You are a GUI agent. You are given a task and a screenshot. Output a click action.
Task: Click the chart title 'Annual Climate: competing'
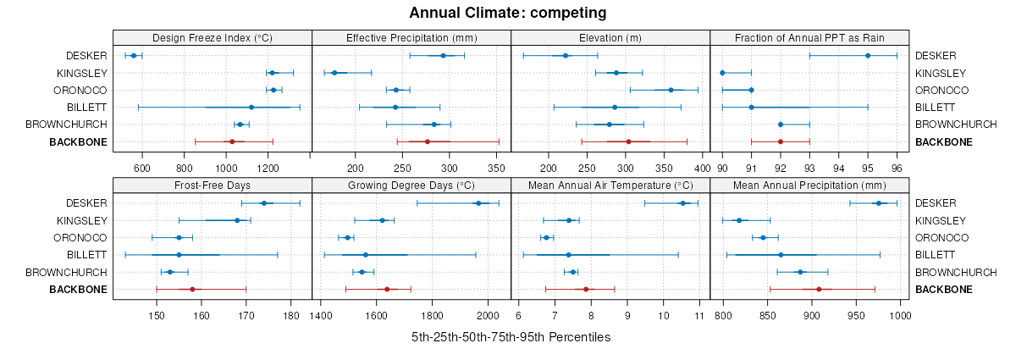pyautogui.click(x=507, y=13)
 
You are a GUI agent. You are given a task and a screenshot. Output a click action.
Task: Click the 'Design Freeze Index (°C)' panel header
pyautogui.click(x=212, y=38)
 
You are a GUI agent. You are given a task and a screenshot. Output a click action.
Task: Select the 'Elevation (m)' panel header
pyautogui.click(x=610, y=38)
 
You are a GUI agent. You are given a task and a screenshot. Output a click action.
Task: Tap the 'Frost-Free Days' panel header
pyautogui.click(x=212, y=186)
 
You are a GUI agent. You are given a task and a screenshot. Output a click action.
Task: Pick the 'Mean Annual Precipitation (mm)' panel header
pyautogui.click(x=809, y=186)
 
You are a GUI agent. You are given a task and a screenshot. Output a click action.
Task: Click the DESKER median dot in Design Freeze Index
pyautogui.click(x=134, y=56)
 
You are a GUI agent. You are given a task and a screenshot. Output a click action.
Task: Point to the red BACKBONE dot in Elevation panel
pyautogui.click(x=628, y=141)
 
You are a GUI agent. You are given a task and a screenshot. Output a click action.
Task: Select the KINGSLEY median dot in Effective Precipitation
pyautogui.click(x=334, y=73)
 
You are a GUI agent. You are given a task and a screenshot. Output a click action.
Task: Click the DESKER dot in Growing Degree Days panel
pyautogui.click(x=478, y=203)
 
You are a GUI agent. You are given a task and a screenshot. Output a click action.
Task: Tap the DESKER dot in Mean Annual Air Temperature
pyautogui.click(x=682, y=203)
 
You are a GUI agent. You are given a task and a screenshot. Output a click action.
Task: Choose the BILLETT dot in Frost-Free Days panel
pyautogui.click(x=179, y=255)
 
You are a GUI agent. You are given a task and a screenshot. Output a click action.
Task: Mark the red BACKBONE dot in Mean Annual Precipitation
pyautogui.click(x=819, y=290)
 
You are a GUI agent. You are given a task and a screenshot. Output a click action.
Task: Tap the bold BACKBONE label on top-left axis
pyautogui.click(x=80, y=142)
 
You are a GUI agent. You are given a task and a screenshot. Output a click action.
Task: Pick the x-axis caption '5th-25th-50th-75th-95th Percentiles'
pyautogui.click(x=511, y=337)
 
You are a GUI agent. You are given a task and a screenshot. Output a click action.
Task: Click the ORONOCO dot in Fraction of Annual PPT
pyautogui.click(x=751, y=90)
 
